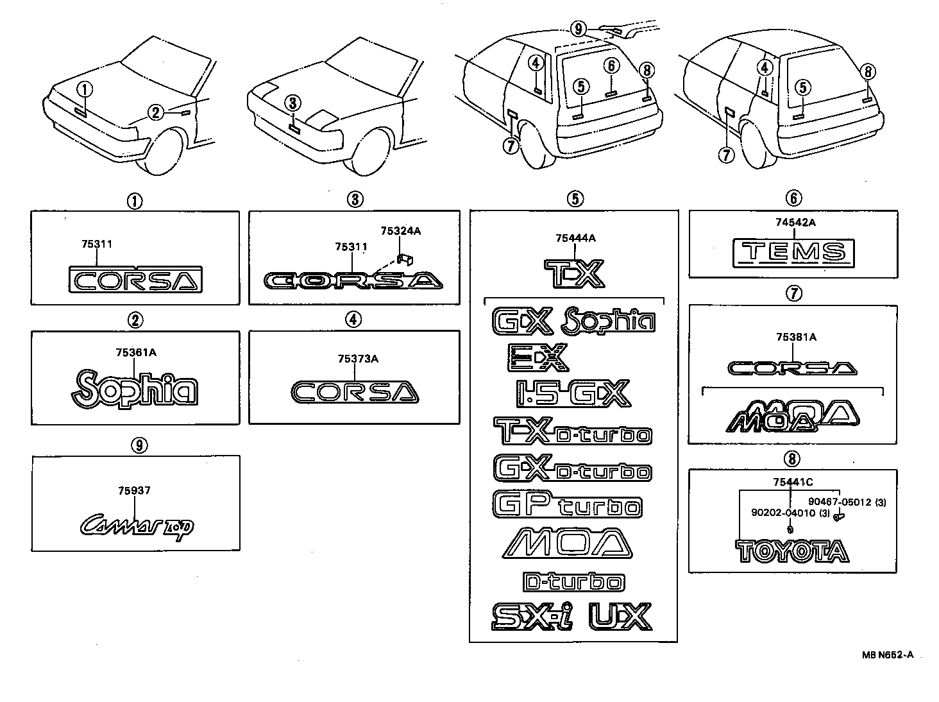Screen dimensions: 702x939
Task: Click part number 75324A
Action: [x=400, y=230]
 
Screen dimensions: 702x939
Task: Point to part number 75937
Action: [x=134, y=490]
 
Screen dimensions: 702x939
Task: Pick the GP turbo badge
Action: [x=567, y=504]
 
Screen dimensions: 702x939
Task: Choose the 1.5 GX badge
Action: [x=573, y=394]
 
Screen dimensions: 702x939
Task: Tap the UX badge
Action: [x=620, y=616]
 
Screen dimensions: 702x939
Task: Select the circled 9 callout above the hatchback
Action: [x=578, y=28]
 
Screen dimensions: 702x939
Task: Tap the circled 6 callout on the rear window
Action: [x=611, y=65]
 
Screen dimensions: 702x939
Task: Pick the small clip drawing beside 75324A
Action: [x=405, y=258]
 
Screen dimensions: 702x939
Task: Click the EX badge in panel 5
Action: [x=537, y=357]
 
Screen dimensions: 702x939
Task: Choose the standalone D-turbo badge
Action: [x=573, y=582]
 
